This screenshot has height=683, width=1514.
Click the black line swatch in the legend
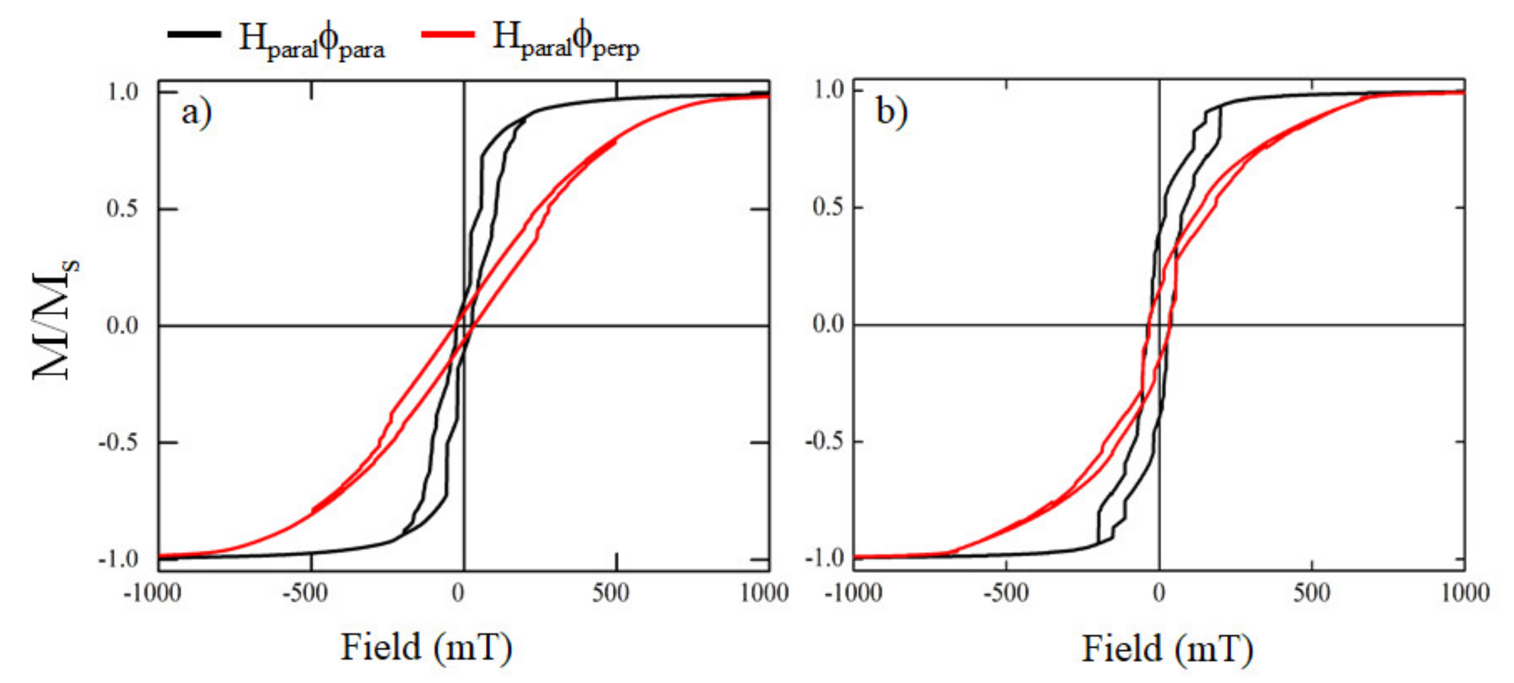194,34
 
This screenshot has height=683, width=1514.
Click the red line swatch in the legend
448,34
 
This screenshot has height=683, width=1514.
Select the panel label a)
197,112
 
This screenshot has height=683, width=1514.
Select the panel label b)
892,111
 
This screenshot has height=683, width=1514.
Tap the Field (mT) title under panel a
427,648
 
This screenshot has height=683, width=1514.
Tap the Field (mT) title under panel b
1168,649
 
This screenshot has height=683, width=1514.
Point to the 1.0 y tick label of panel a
122,92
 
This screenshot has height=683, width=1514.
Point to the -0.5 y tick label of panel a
118,442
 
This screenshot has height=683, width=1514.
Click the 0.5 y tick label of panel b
829,207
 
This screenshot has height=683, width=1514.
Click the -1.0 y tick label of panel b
824,557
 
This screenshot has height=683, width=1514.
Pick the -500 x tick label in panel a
305,594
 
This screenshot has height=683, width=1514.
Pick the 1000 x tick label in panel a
764,594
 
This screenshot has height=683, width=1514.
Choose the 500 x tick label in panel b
1312,594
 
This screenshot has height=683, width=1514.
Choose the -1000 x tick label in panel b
853,594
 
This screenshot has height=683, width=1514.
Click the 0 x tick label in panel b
1159,594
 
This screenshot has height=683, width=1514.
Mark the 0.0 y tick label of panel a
122,325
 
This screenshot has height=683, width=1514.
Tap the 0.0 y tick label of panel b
829,324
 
